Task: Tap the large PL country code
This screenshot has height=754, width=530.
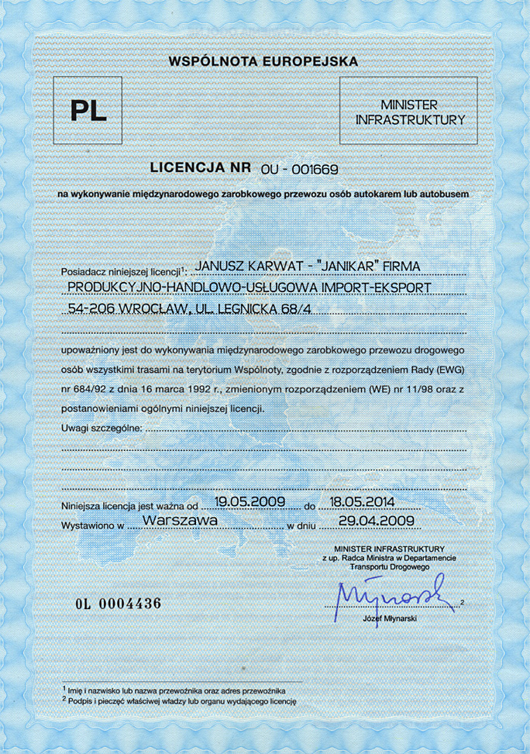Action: (88, 111)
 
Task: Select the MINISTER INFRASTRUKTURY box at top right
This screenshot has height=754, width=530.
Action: (409, 112)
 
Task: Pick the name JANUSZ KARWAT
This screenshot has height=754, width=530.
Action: (244, 267)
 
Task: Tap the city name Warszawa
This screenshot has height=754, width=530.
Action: (180, 522)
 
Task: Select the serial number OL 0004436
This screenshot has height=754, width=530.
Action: (118, 604)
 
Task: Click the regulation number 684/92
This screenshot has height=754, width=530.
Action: (91, 387)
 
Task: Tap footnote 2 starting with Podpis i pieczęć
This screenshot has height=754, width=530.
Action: (181, 701)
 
